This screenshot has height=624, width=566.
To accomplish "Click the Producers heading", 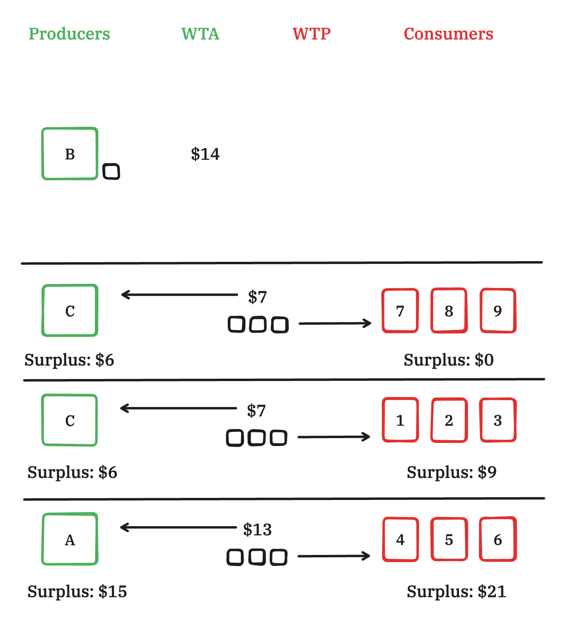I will pos(69,34).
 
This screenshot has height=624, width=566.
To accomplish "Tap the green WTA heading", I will pos(200,34).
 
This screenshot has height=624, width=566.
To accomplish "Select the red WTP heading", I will pos(312,34).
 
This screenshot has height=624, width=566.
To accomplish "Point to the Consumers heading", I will pos(448,34).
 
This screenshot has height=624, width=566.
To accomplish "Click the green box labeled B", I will pos(70,154).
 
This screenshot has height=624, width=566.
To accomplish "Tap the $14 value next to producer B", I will pos(205,154).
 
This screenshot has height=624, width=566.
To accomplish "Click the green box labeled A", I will pos(70,539).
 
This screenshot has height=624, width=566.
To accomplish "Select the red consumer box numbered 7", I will pos(400,311).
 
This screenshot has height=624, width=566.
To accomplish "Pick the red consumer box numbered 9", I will pos(498,311).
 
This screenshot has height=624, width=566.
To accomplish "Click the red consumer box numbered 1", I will pos(400,420).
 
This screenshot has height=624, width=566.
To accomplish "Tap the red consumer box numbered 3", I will pos(498,420).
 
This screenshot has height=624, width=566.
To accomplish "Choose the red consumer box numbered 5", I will pos(449,539).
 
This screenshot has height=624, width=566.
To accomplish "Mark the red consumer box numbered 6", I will pos(498,539).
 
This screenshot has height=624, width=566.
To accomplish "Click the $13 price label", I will pos(257,530).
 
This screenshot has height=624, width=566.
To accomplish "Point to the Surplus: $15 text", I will pos(77,591).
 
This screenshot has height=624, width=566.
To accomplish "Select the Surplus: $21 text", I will pos(456,591).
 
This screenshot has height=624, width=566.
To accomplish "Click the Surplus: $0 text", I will pos(449,360).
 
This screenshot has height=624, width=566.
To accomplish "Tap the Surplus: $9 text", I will pos(451,472).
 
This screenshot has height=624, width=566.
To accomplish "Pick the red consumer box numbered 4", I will pos(401,539).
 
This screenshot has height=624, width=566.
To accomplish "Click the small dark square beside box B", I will pos(111,171).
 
